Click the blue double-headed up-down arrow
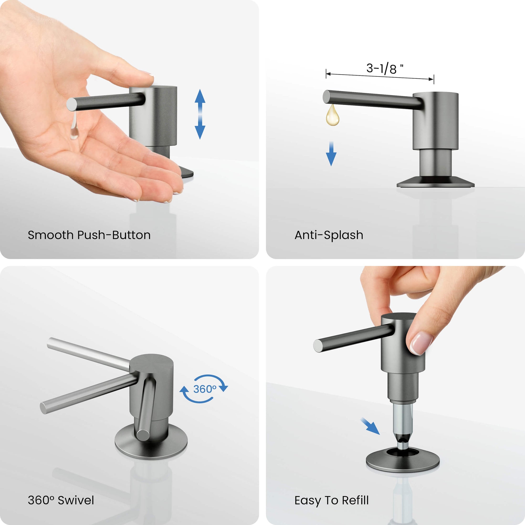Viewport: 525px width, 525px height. [x=200, y=114]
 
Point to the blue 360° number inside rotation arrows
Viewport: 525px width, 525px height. [x=205, y=389]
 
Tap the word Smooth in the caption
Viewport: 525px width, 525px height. [x=51, y=235]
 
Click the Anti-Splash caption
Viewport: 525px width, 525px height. [x=329, y=235]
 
